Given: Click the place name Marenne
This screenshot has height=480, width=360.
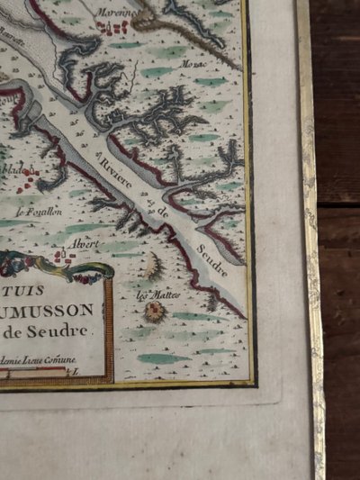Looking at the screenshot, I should click(117, 14).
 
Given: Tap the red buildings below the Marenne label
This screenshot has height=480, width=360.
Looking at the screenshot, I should click(113, 29).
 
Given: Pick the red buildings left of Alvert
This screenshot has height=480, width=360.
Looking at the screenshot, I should click(63, 256).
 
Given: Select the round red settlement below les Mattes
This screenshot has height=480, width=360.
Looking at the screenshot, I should click(156, 311).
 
